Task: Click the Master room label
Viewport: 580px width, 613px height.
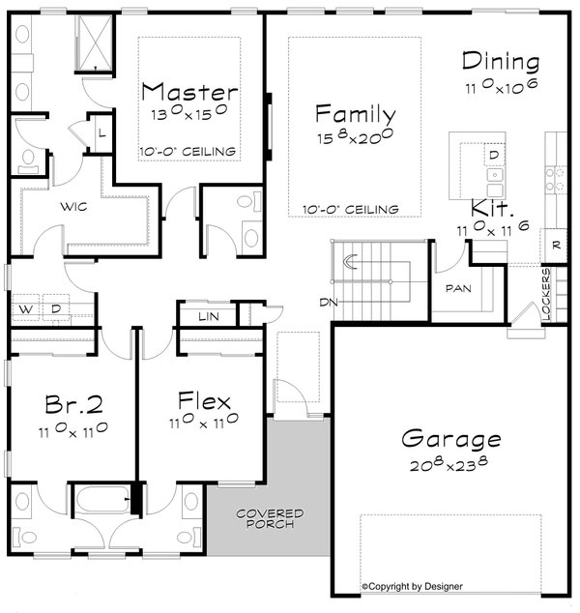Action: (x=189, y=93)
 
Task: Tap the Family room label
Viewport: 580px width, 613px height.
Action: (x=355, y=114)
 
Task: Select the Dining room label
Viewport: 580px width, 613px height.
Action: (x=500, y=62)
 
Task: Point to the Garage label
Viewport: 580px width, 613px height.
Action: (x=452, y=441)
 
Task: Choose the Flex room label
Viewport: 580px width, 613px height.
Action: (x=204, y=400)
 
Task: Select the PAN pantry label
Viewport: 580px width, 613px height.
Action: (x=457, y=288)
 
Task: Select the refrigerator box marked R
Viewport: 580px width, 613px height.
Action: (x=556, y=246)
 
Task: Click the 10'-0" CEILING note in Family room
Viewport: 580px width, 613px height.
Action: (x=350, y=209)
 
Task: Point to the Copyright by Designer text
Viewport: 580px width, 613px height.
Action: (x=412, y=586)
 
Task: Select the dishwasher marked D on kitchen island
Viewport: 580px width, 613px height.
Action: (x=493, y=155)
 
